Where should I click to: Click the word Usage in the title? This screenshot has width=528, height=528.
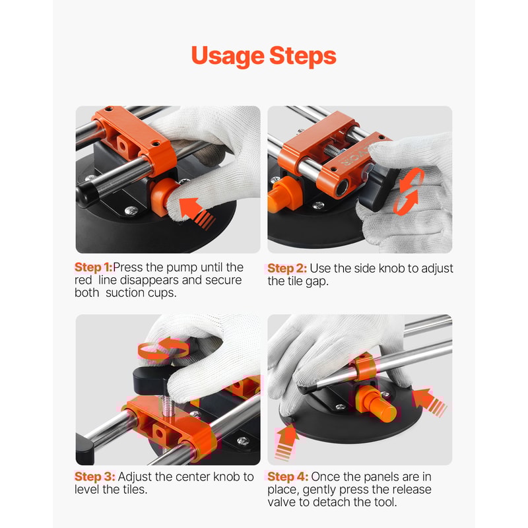click(x=227, y=56)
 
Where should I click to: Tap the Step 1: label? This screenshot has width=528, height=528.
click(x=93, y=267)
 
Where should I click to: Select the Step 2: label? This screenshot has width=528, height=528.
click(x=286, y=269)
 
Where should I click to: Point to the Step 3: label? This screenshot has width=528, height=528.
click(x=95, y=477)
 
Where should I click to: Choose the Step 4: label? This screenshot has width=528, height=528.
click(x=287, y=477)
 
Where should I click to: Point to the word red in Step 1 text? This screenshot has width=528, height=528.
click(x=84, y=280)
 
